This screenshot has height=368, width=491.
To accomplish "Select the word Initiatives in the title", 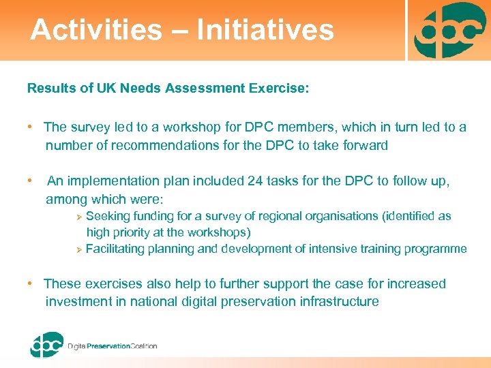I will point(265,30).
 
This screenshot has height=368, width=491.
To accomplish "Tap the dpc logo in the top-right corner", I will point(449,31).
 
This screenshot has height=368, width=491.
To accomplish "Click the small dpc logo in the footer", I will point(46,344).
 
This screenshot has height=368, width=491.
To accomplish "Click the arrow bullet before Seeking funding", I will point(78,217).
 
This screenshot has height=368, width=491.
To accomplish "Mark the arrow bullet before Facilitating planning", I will point(78,249).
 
